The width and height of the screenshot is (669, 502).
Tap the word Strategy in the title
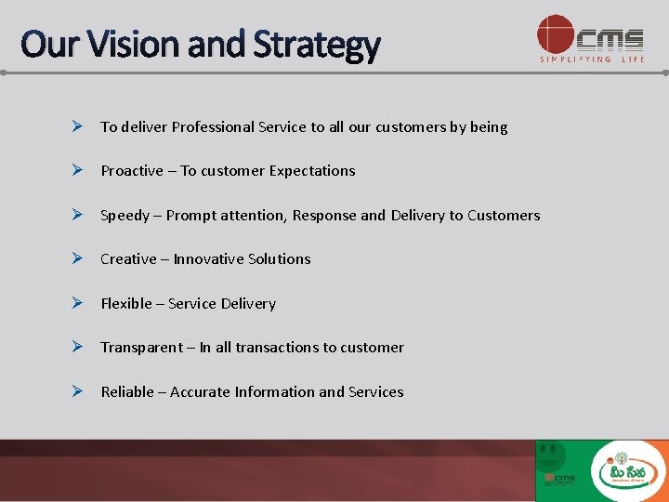[x=318, y=45]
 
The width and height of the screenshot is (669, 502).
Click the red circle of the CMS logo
[x=555, y=34]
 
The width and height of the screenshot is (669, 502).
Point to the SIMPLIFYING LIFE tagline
[x=591, y=59]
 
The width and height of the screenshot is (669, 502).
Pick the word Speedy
[x=125, y=216]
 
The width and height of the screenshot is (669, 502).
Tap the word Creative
[x=128, y=259]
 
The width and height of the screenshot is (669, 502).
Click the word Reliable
[x=127, y=392]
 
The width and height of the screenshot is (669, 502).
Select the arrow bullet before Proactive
[x=82, y=170]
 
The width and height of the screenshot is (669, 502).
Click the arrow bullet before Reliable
[x=82, y=391]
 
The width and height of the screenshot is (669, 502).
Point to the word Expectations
[x=311, y=171]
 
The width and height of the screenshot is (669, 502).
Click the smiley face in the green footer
[x=552, y=455]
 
